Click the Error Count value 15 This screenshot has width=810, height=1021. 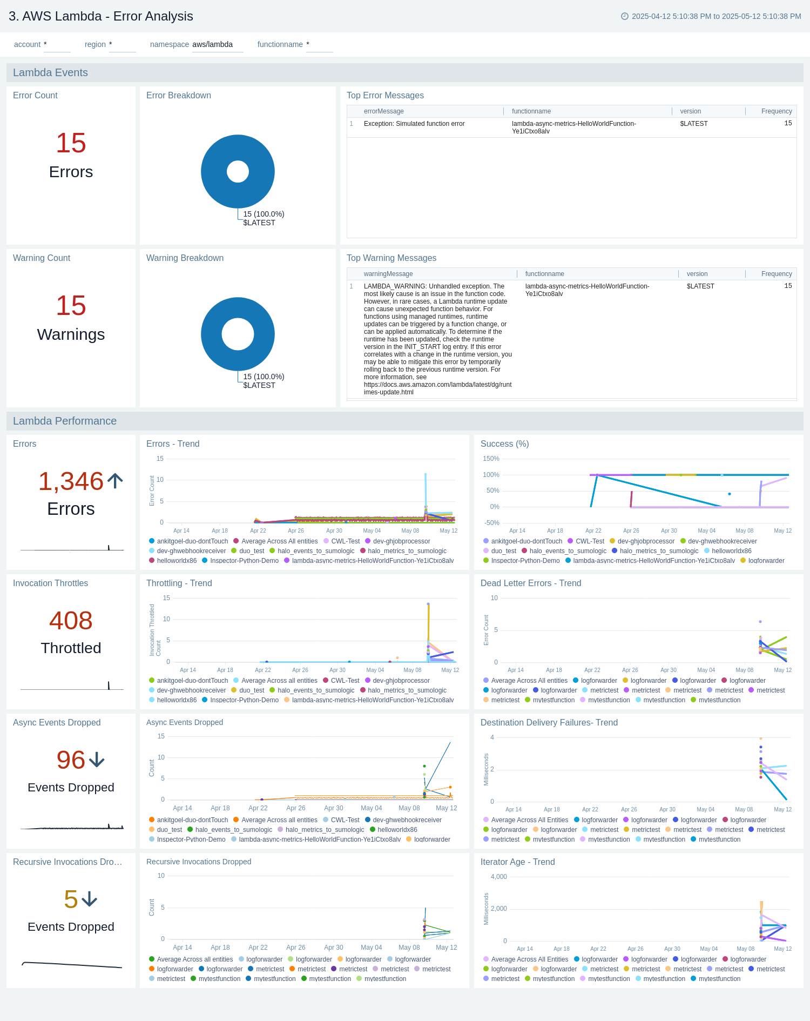tap(71, 143)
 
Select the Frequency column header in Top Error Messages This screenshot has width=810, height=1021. tap(776, 111)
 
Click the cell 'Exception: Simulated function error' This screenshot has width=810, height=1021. tap(414, 124)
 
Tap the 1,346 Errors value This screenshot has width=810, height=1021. tap(71, 481)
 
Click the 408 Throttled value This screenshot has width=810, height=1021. tap(71, 620)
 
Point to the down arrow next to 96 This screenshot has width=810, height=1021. tap(97, 760)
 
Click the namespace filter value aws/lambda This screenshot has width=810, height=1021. tap(213, 44)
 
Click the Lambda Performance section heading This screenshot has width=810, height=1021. tap(65, 421)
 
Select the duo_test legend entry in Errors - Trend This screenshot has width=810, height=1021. tap(251, 551)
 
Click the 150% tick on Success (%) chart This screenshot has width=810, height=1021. tap(491, 459)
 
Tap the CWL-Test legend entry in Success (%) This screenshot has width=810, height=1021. tap(590, 541)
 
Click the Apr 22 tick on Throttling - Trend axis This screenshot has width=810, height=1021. tap(263, 670)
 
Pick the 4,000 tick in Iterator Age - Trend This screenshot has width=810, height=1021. tap(498, 877)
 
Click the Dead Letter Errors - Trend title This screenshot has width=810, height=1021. tap(530, 583)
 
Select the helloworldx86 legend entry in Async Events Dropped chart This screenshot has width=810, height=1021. tap(397, 830)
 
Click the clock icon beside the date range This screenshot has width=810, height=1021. tap(625, 16)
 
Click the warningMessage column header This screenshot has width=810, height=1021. tap(388, 274)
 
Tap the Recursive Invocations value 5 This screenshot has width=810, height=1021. tap(71, 899)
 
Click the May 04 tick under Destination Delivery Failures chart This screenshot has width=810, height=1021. tap(705, 809)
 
